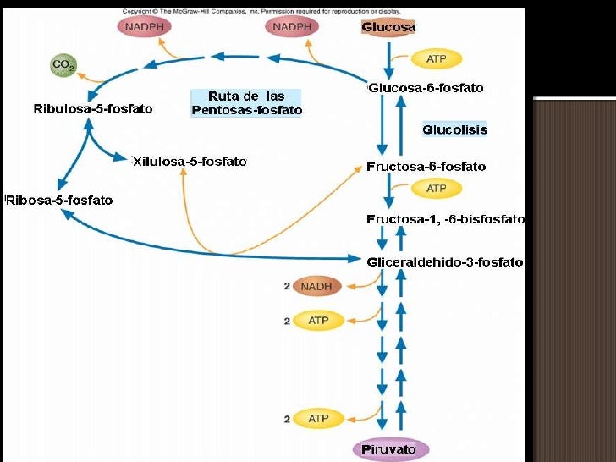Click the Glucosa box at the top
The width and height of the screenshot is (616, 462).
pyautogui.click(x=388, y=27)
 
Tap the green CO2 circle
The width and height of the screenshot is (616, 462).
pyautogui.click(x=62, y=64)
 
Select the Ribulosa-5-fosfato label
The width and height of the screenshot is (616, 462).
pyautogui.click(x=92, y=109)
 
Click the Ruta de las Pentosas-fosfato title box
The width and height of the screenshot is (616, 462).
pyautogui.click(x=246, y=103)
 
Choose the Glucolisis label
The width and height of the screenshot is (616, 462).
pyautogui.click(x=454, y=129)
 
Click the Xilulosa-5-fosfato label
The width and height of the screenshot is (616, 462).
pyautogui.click(x=190, y=161)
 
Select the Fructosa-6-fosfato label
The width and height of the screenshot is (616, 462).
pyautogui.click(x=426, y=167)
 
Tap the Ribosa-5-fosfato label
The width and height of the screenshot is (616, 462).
pyautogui.click(x=59, y=201)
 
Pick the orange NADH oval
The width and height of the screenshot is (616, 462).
pyautogui.click(x=316, y=286)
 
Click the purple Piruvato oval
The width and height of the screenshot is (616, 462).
pyautogui.click(x=390, y=448)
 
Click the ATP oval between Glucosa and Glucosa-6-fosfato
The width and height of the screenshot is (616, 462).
pyautogui.click(x=436, y=59)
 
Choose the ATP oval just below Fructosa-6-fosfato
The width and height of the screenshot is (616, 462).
pyautogui.click(x=436, y=189)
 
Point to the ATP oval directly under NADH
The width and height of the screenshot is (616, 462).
pyautogui.click(x=317, y=321)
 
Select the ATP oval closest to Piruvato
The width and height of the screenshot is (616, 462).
pyautogui.click(x=317, y=419)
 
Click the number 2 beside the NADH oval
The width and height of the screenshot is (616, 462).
pyautogui.click(x=287, y=287)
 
